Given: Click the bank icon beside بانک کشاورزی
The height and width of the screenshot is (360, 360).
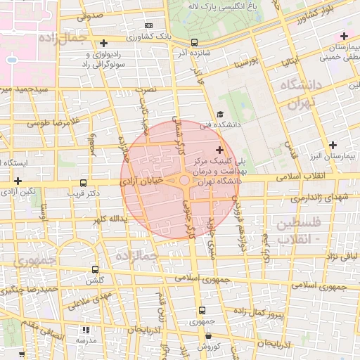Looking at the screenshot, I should (x=148, y=25).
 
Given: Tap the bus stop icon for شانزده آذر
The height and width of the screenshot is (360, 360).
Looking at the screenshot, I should (x=195, y=41).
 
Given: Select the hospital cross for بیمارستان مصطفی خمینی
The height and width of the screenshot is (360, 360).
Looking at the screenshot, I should (x=344, y=36).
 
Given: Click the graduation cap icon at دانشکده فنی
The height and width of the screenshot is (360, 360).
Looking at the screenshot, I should (x=220, y=114).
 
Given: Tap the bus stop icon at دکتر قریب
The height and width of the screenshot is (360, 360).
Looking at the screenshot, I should (x=84, y=183).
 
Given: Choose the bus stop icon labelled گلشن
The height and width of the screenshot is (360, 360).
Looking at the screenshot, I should (x=96, y=269).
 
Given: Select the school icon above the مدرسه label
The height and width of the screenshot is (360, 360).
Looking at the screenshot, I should (x=85, y=329).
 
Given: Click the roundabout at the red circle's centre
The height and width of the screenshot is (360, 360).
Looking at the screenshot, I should (x=184, y=181).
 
